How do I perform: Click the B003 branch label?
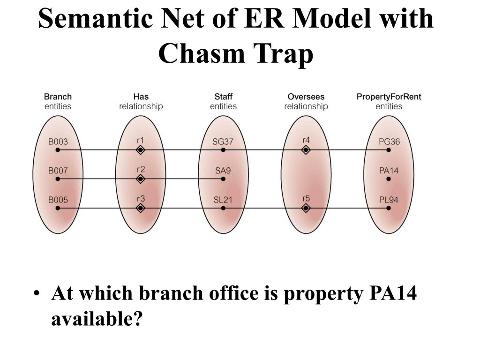click(58, 142)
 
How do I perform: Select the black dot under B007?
click(58, 179)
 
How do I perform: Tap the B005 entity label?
click(58, 200)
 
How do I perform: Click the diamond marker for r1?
click(140, 150)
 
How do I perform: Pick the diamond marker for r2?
click(140, 179)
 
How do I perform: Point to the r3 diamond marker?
click(140, 208)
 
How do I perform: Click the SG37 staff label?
click(223, 142)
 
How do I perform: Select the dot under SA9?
click(223, 179)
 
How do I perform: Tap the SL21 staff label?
click(223, 200)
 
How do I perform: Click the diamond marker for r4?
click(306, 150)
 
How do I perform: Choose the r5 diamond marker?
click(306, 208)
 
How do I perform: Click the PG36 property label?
click(389, 142)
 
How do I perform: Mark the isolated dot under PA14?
click(389, 179)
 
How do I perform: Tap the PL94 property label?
click(389, 200)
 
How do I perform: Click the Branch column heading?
click(58, 97)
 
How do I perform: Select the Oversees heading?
click(306, 97)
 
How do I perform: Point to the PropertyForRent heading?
click(389, 97)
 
